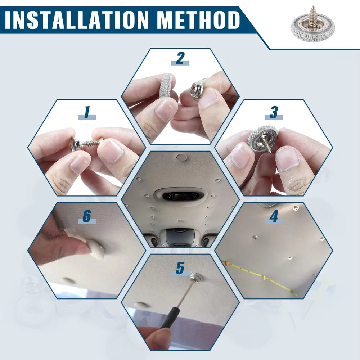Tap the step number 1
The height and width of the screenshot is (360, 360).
tap(87, 112)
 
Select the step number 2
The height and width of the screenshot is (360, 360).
tap(180, 58)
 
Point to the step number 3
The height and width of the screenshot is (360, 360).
tap(274, 112)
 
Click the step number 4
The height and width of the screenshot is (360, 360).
tap(274, 216)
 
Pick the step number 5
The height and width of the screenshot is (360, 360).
tap(180, 268)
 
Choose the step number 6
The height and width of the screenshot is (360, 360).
tap(86, 216)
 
